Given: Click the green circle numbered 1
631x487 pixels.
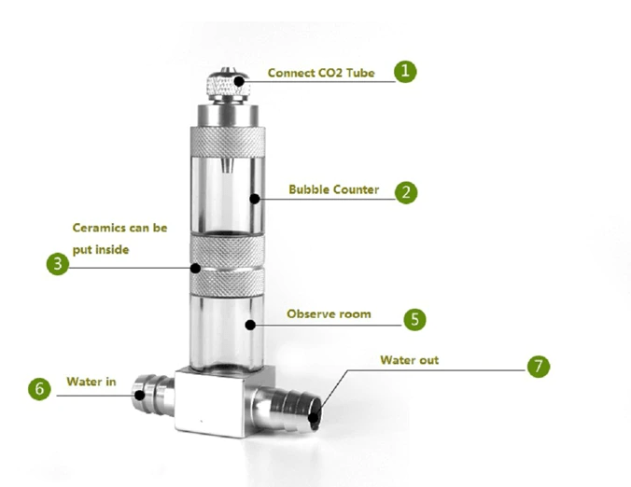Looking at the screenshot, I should pos(404,72).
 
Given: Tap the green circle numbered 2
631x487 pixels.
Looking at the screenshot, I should pos(405,193).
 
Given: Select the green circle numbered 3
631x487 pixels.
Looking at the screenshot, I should pos(58,264).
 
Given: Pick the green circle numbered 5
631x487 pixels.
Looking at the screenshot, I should pos(414,318).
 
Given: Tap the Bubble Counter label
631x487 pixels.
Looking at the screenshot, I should pos(333,190).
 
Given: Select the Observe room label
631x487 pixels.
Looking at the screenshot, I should pos(329,314).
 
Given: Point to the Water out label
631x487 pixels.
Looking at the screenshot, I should pos(410,359).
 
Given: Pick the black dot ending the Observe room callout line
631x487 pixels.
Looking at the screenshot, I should pos(250,325).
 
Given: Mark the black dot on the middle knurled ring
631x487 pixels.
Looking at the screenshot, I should pos(195,268).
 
